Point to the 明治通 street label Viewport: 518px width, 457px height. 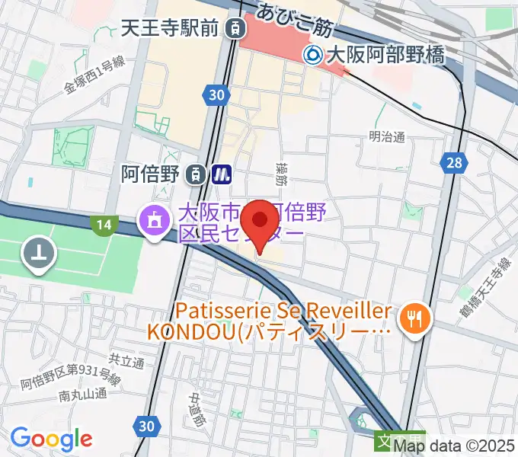point(386,136)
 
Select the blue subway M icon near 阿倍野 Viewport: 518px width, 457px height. point(222,174)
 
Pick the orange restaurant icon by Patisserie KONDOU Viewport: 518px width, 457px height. point(416,319)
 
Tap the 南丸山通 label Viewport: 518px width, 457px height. point(82,395)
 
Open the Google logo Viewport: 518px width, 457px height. point(50,439)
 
